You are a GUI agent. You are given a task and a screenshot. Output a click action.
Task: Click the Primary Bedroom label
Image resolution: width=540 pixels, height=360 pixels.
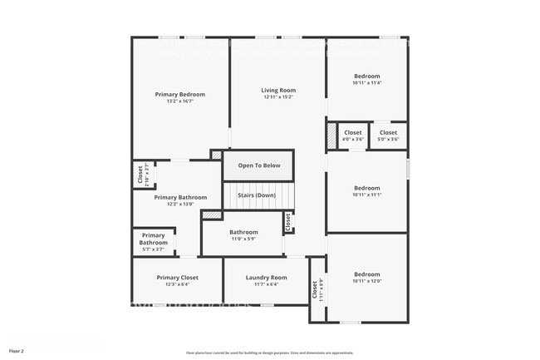pos(179,94)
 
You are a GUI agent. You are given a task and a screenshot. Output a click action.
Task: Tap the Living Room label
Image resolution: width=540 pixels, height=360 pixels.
pos(278,90)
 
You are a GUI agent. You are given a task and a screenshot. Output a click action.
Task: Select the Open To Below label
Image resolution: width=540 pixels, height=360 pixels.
pos(259,165)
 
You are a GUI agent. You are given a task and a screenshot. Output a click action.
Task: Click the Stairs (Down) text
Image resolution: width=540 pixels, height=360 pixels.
pos(256,195)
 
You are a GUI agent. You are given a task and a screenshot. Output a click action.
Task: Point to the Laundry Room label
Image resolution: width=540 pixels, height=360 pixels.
pos(266,277)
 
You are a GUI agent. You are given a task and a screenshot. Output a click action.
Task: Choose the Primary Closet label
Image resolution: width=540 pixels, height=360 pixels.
pos(178,277)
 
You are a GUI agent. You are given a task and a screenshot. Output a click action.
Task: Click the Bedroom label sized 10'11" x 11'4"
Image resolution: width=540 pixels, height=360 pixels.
pos(366,76)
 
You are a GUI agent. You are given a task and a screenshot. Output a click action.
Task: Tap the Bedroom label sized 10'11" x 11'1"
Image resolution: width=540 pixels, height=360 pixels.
pos(366,188)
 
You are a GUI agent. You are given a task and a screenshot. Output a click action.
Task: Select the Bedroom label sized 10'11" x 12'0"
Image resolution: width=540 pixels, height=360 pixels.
pos(366,274)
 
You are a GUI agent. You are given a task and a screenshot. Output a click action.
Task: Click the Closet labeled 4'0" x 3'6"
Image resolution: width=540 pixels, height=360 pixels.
pos(353,132)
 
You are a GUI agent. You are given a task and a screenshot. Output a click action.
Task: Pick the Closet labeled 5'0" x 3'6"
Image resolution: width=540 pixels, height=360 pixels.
pos(388,132)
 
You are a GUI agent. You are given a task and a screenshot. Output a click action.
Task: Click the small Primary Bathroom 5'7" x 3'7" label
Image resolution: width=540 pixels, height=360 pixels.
pos(153,239)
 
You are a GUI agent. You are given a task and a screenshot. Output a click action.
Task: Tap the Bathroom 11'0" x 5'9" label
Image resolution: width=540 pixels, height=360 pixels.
pos(243,232)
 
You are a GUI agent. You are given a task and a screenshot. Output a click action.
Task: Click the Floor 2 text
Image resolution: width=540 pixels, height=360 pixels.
pos(17,352)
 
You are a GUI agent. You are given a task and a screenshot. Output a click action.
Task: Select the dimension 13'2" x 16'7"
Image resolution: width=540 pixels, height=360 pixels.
pos(179,101)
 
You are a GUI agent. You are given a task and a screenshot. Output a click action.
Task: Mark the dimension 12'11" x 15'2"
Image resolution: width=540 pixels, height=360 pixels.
pos(278,97)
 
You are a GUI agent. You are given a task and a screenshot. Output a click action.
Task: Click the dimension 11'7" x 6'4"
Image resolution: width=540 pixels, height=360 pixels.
pos(266,284)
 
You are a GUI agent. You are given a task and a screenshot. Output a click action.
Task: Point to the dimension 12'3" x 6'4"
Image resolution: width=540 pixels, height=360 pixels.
pos(178,284)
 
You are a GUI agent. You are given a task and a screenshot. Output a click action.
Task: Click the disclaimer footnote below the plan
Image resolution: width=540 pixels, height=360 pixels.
pos(269,353)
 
